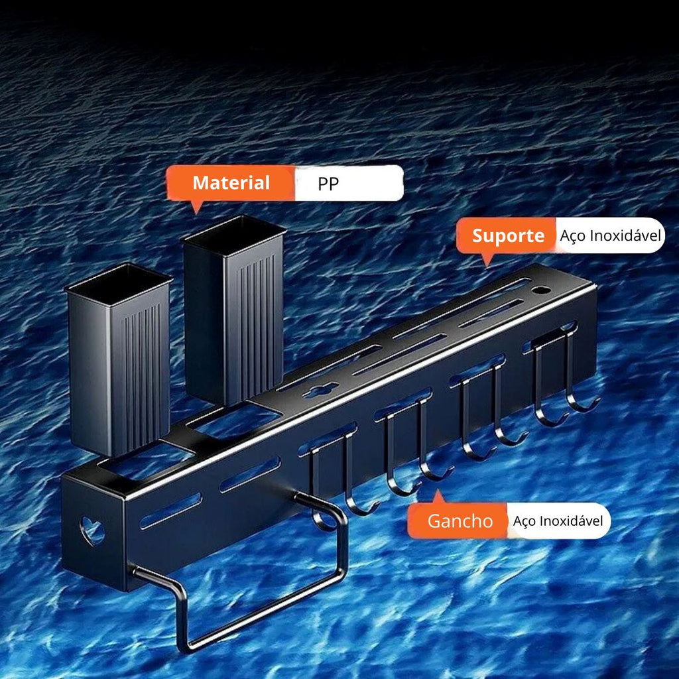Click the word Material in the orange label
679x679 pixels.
(231, 183)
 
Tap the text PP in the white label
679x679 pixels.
(328, 184)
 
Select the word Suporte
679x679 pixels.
(508, 236)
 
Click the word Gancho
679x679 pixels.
(460, 521)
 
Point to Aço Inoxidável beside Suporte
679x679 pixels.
(610, 236)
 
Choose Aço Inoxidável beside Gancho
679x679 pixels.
(558, 521)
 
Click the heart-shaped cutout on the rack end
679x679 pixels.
(92, 530)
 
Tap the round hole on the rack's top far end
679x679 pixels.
(541, 290)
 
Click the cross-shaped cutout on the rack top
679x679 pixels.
(320, 391)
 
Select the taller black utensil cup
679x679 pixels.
(234, 310)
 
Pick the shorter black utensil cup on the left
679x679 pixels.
(119, 360)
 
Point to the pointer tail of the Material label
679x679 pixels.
(196, 207)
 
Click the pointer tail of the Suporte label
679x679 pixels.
(487, 259)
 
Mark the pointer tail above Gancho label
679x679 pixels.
(439, 497)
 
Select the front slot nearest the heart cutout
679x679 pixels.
(170, 511)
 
